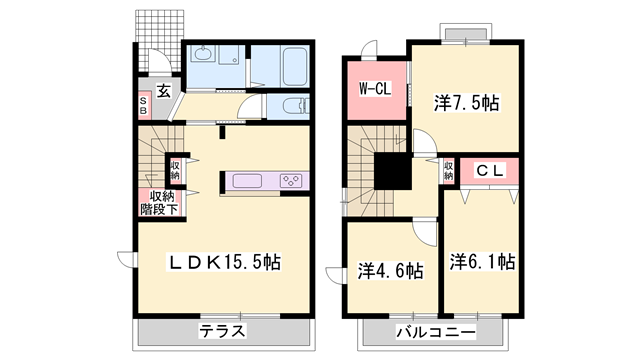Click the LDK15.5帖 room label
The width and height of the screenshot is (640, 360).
coord(222,262)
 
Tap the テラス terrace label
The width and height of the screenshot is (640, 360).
coord(222,331)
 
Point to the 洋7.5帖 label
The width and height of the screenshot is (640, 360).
coord(466,102)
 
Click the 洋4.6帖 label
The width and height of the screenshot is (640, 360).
coord(390,270)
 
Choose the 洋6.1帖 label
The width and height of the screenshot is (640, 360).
coord(482,262)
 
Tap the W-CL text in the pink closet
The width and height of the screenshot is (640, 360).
coord(375,88)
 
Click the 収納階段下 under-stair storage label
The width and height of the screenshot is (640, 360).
coord(158,203)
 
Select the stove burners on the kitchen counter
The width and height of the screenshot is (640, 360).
coord(293,181)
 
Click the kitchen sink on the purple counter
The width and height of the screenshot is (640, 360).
coord(246,181)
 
